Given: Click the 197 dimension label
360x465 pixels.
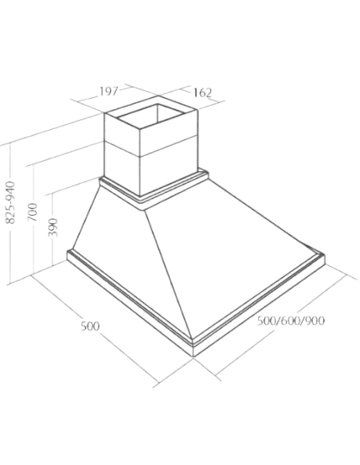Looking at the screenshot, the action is click(x=108, y=92).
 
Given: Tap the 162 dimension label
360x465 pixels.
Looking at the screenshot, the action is click(x=203, y=93).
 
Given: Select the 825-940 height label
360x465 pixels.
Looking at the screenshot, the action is click(x=10, y=202).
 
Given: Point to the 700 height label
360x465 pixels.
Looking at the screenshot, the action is click(x=33, y=212).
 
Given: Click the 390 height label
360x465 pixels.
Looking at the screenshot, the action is click(x=53, y=227).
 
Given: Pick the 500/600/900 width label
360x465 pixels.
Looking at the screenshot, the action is click(x=291, y=321).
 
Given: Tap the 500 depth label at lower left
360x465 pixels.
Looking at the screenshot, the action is click(x=90, y=326).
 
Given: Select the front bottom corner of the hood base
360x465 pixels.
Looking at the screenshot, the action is click(x=193, y=356).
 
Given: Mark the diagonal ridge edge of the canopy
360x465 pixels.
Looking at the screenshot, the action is click(x=168, y=275).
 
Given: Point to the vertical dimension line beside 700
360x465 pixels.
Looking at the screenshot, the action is click(x=33, y=220).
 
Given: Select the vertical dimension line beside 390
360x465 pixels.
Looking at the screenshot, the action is click(x=53, y=229).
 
